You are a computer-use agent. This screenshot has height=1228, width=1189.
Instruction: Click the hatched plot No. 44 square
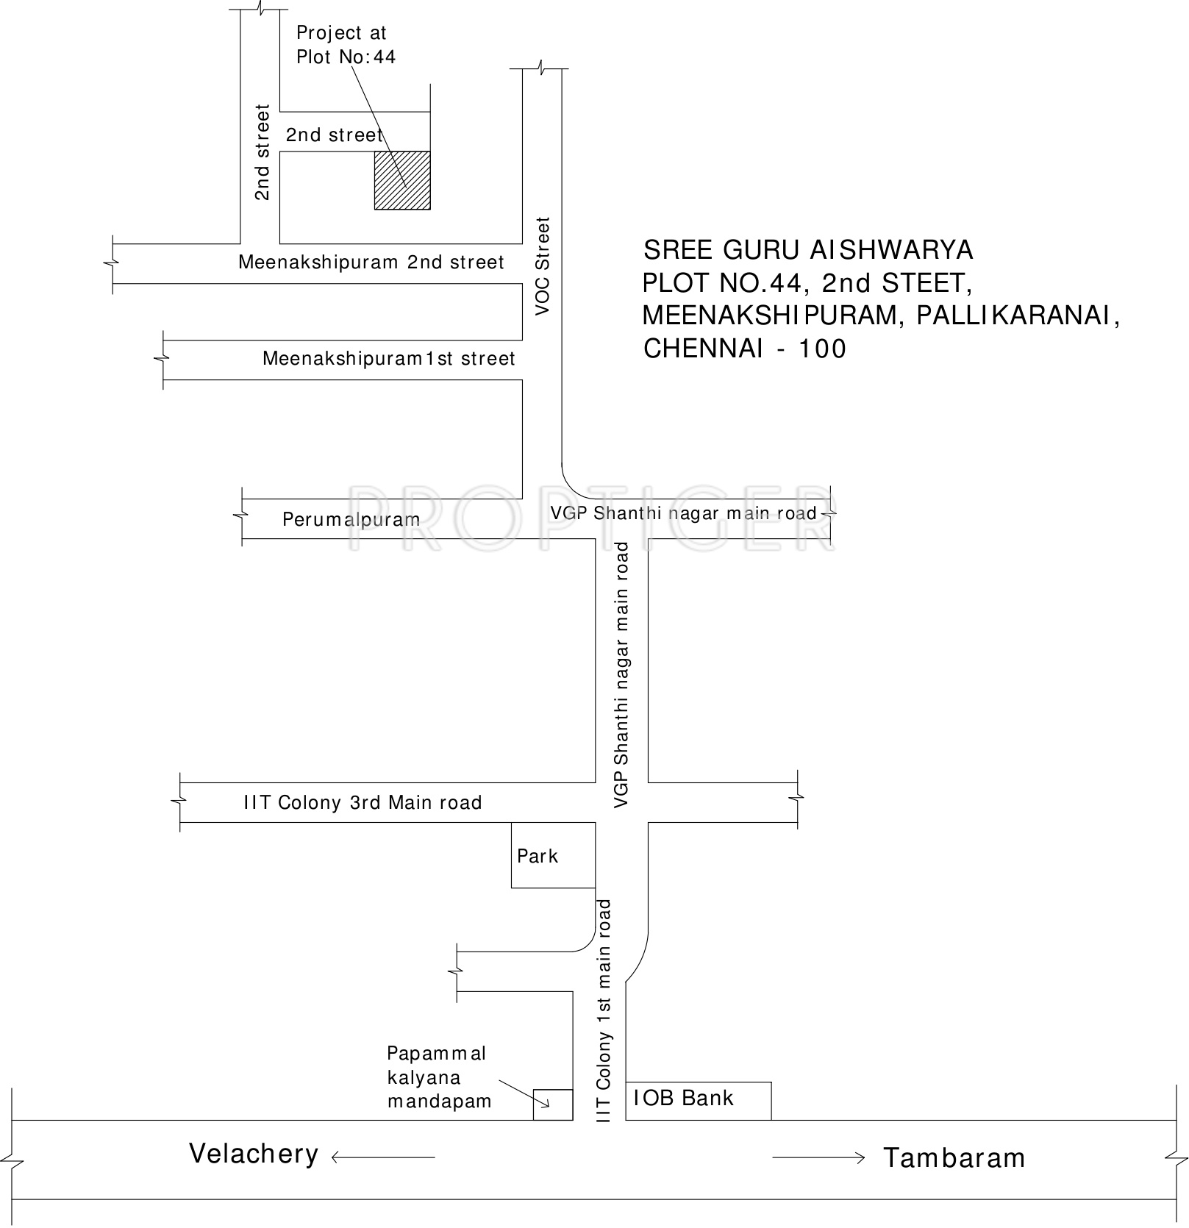[x=402, y=180]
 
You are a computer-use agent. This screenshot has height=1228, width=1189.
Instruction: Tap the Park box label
[x=538, y=856]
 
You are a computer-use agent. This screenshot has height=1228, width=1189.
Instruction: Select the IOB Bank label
[x=684, y=1098]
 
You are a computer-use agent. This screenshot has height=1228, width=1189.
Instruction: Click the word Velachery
[x=254, y=1154]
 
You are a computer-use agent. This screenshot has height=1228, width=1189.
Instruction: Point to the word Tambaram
[x=954, y=1158]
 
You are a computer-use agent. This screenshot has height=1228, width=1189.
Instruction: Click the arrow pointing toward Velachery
[x=383, y=1157]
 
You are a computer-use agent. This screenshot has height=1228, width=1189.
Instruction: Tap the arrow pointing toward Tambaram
[x=818, y=1157]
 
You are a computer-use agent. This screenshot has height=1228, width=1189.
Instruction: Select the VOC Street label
[x=543, y=266]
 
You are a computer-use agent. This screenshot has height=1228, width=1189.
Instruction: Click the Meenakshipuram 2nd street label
[x=371, y=263]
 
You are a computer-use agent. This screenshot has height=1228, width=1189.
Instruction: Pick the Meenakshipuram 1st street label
[x=389, y=359]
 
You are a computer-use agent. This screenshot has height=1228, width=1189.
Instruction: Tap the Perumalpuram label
[x=351, y=520]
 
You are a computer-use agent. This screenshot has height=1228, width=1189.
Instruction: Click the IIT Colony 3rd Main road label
[x=363, y=802]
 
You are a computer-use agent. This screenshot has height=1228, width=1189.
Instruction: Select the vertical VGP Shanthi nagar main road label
[x=622, y=675]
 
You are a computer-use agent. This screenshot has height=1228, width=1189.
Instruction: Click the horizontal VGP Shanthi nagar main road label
[x=684, y=513]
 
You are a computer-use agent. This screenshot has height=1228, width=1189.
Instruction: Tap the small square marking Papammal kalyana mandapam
[x=553, y=1104]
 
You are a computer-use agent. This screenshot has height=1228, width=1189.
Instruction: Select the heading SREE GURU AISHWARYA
[x=808, y=251]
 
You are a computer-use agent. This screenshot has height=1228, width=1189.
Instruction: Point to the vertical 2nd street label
[x=263, y=152]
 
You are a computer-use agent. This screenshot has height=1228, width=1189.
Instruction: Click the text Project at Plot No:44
[x=346, y=45]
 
